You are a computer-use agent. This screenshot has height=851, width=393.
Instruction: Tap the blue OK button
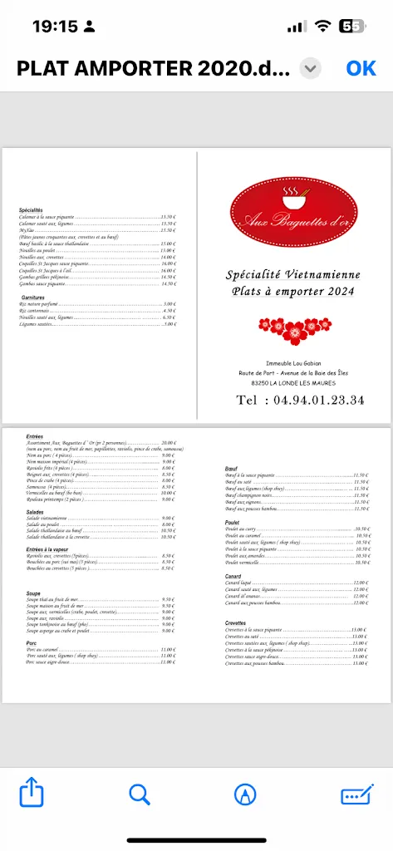[x=361, y=68]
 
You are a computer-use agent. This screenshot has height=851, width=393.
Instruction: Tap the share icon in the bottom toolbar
[x=31, y=794]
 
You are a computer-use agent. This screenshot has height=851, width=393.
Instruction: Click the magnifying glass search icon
[x=140, y=794]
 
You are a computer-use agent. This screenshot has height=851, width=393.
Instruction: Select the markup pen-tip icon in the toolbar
[x=244, y=794]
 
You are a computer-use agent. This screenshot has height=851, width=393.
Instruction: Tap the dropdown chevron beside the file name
[x=310, y=68]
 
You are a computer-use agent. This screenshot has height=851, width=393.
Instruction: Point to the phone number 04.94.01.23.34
[x=300, y=400]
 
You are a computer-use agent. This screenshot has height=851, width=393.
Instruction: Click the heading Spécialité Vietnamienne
[x=293, y=274]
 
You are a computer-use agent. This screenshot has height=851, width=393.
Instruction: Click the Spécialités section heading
[x=31, y=210]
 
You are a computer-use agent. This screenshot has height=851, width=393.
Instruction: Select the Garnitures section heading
[x=34, y=297]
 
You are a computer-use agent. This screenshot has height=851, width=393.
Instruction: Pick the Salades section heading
[x=35, y=512]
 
